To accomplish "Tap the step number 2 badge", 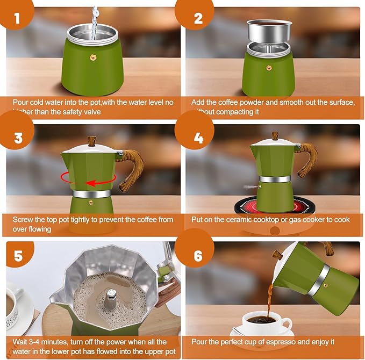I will coord(198,19).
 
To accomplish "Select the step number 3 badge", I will coord(18,138).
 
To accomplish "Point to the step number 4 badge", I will coord(198,138).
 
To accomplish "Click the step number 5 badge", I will coord(18,256).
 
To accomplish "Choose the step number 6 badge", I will coord(198,256).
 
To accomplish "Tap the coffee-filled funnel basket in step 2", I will coord(269,32).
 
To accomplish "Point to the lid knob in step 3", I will coord(91,141).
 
